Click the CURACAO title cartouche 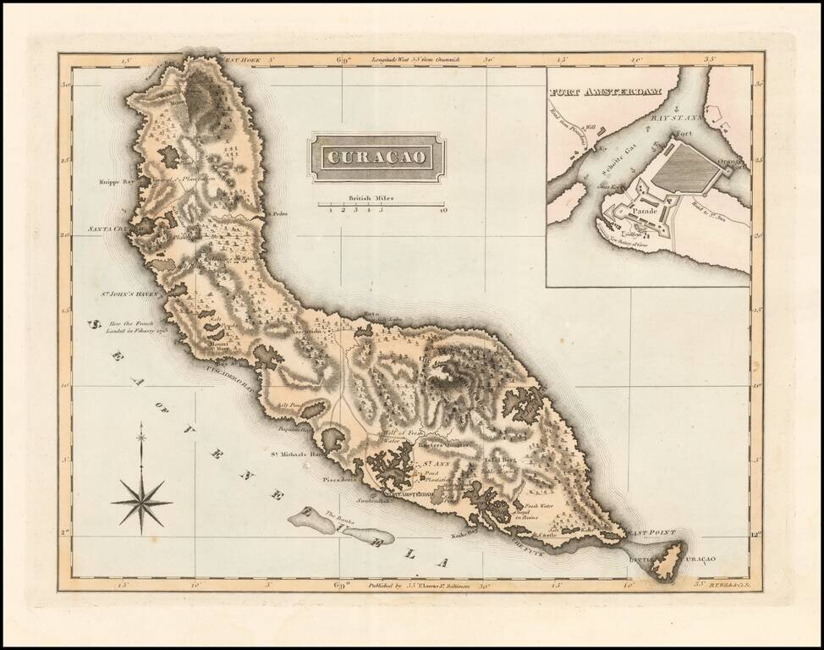coord(377,157)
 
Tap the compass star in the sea coord(141,500)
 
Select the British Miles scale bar coord(381,204)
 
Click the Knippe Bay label coord(117,181)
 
